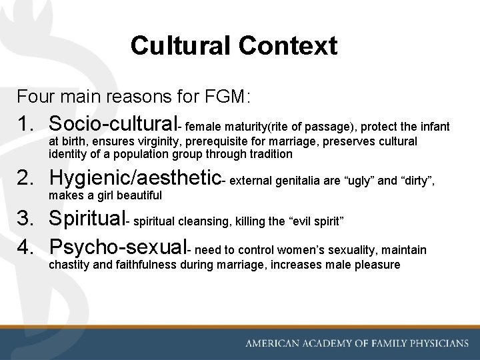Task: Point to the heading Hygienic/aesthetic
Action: coord(135,178)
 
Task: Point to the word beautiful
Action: coord(138,196)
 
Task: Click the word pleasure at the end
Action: coord(375,265)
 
